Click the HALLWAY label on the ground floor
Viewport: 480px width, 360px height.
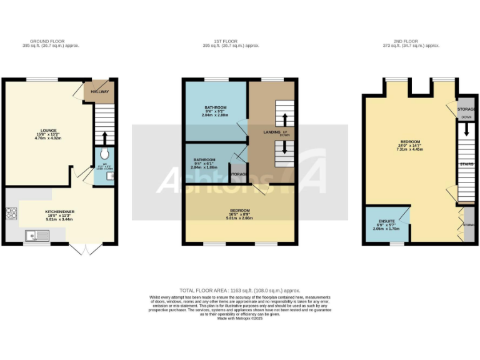click(x=100, y=92)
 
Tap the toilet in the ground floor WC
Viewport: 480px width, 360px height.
click(x=104, y=154)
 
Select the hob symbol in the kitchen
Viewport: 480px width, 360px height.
click(x=11, y=214)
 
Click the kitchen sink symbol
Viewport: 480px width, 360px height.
click(x=33, y=236)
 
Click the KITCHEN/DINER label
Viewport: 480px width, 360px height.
click(x=60, y=212)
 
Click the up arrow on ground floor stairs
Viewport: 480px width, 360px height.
click(x=105, y=137)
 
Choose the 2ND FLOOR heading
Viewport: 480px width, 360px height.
click(x=411, y=42)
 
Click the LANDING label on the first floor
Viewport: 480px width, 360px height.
click(x=271, y=131)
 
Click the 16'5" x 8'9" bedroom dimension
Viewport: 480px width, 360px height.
click(x=240, y=214)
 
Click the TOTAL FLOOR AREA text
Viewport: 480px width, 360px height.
click(x=240, y=291)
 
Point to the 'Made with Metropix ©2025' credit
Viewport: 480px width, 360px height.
click(x=240, y=318)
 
